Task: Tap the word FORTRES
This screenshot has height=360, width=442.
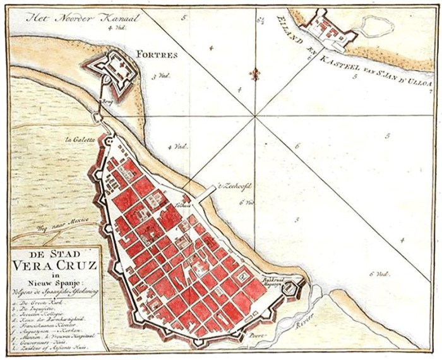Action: [x=160, y=55]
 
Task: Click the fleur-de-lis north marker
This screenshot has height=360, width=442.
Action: [x=255, y=75]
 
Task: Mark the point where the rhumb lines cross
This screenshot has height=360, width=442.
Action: [x=255, y=116]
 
